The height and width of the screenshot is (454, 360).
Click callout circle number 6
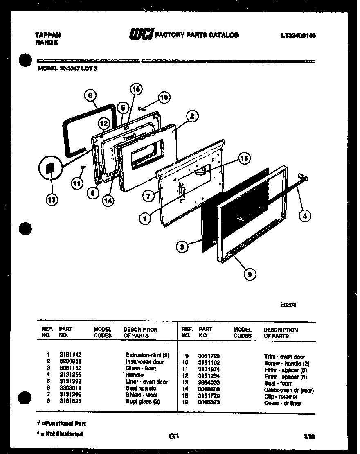click(90, 96)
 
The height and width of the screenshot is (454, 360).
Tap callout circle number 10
click(164, 97)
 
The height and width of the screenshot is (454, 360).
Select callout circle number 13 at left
click(52, 200)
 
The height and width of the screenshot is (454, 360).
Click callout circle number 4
click(305, 216)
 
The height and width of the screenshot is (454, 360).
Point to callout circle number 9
click(249, 274)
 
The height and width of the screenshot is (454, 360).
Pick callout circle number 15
click(244, 158)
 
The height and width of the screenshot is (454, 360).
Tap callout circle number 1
click(144, 219)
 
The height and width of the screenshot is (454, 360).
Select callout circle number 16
click(136, 89)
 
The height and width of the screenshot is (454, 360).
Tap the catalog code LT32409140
click(298, 36)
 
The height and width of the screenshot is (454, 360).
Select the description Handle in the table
click(135, 375)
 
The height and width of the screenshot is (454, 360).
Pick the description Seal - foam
click(278, 384)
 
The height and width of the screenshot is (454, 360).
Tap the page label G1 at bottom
click(174, 436)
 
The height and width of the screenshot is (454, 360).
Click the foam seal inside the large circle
click(50, 169)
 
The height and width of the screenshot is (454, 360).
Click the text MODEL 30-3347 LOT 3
click(67, 69)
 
